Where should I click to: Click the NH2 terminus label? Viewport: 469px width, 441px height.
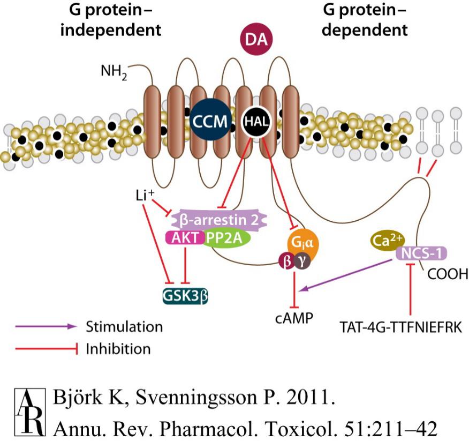(x=114, y=72)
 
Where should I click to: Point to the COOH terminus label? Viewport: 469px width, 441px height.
(x=448, y=274)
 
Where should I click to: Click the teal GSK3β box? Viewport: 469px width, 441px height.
(x=185, y=295)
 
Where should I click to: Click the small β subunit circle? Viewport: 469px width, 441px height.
(x=287, y=260)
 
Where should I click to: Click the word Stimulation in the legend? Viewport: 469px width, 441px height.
(x=124, y=326)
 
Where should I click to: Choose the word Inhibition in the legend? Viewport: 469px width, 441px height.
(x=118, y=349)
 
